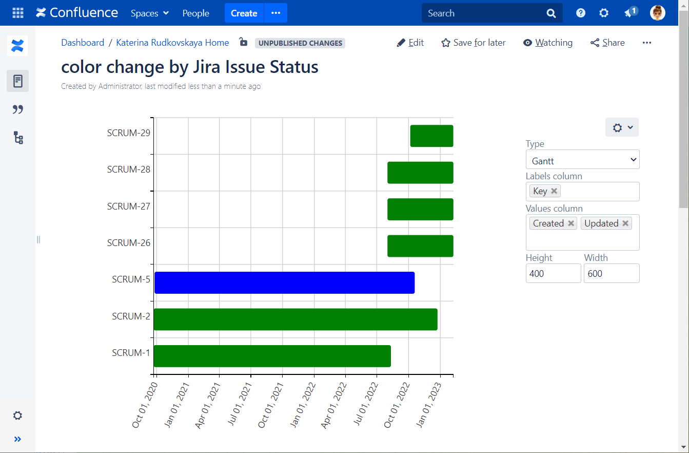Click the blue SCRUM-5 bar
[284, 282]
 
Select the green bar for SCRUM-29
[431, 136]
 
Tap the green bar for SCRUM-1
[272, 356]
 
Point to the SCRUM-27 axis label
[129, 206]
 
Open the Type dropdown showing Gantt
[582, 161]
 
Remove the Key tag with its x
[554, 191]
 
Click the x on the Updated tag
[625, 223]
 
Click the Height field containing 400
[553, 274]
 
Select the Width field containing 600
[611, 274]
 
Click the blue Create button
[244, 13]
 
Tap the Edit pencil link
[410, 43]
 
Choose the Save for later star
[474, 43]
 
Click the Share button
[607, 43]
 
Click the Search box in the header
[485, 13]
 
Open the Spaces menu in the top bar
[149, 13]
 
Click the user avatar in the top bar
[657, 13]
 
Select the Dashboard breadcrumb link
[83, 43]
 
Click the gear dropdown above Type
[622, 127]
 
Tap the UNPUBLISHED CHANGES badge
[300, 43]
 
